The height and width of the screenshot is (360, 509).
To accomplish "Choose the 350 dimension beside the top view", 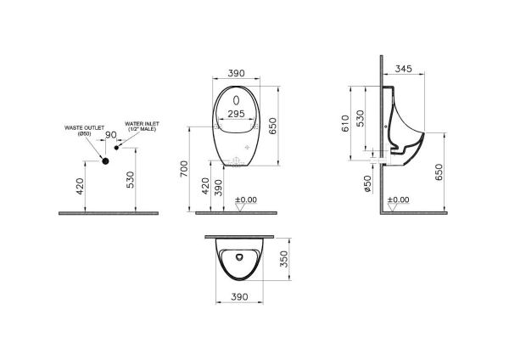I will coord(286,260).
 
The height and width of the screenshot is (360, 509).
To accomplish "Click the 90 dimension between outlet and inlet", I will coord(110,136).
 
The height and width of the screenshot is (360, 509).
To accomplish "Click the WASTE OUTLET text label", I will coord(85,129).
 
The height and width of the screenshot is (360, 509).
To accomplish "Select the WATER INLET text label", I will coord(142,125).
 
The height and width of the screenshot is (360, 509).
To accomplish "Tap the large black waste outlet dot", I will coord(106,160).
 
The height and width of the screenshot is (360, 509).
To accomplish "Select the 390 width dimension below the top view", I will coord(239,296).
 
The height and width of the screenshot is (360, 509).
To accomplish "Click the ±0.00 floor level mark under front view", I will coord(249,200).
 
